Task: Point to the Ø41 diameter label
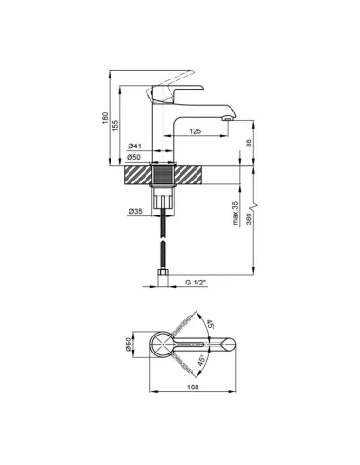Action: coord(134,146)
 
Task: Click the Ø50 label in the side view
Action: coord(134,157)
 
